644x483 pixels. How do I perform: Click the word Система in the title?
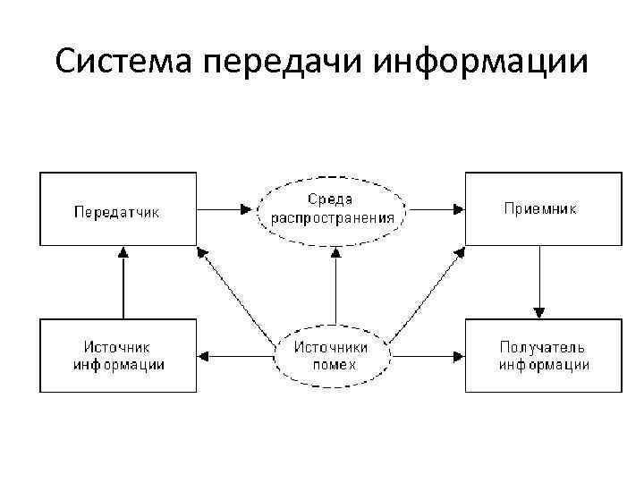[x=124, y=62]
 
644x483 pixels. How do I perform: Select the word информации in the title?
[x=481, y=64]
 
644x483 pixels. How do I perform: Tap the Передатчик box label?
[x=116, y=212]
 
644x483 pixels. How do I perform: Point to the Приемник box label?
[x=540, y=208]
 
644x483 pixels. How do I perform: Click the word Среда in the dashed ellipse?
[x=331, y=199]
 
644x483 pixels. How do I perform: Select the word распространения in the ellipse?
[x=331, y=216]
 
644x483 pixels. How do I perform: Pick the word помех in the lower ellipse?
[x=335, y=365]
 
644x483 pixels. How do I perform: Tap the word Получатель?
[x=542, y=347]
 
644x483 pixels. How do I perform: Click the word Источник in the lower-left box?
[x=117, y=347]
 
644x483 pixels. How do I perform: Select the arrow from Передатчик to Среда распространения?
[x=225, y=209]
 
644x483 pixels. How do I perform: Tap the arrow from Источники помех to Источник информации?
[x=237, y=356]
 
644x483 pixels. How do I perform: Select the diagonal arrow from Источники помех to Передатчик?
[x=237, y=298]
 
